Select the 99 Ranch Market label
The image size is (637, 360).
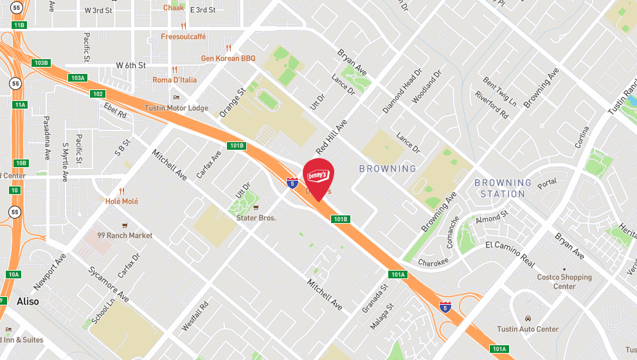(x=125, y=235)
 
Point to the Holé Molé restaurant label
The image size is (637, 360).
(x=121, y=201)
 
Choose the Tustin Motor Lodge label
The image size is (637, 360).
(x=176, y=108)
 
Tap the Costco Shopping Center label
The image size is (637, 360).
(x=564, y=282)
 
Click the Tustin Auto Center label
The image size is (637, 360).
(x=528, y=329)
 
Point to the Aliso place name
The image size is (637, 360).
(x=28, y=301)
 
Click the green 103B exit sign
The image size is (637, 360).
(x=40, y=63)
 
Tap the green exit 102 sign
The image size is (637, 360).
(x=97, y=94)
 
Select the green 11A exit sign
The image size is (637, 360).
(x=20, y=105)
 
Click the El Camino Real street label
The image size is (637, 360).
(x=510, y=254)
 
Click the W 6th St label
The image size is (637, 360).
(x=131, y=66)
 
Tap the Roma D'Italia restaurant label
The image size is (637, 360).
(x=174, y=80)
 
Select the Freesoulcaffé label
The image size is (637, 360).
(x=183, y=37)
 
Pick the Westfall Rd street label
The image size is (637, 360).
(x=194, y=315)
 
